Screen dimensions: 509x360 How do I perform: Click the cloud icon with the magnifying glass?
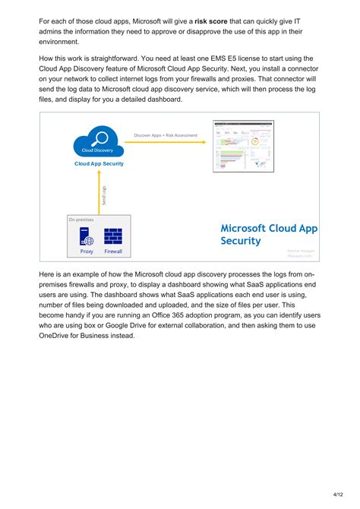point(97,143)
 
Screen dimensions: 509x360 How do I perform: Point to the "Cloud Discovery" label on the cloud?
point(98,150)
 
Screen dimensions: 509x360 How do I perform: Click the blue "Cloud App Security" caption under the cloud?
point(99,163)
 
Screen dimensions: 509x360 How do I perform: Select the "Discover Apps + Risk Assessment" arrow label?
point(166,135)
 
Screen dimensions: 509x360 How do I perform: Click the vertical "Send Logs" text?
point(104,193)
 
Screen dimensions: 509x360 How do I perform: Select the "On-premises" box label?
point(81,220)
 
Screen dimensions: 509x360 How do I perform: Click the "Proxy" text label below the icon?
point(86,251)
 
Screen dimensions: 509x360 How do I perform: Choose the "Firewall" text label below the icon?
point(113,251)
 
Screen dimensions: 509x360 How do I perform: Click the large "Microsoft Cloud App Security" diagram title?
point(269,234)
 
